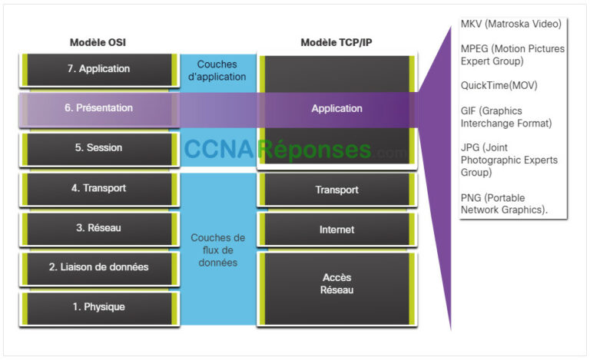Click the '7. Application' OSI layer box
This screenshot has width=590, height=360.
pos(98,69)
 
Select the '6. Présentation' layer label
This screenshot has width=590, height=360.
pos(98,108)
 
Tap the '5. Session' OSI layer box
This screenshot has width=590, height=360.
pos(98,148)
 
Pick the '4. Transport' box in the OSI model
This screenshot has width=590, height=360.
pos(98,189)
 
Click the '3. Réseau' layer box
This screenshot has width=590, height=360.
pos(98,228)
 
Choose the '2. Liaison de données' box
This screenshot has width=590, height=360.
pos(98,267)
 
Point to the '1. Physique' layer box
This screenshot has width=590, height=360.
pos(98,307)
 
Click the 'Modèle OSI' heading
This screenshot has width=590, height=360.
pos(97,42)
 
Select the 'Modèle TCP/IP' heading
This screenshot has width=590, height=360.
pos(336,42)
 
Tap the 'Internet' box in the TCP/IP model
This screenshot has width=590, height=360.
pos(336,230)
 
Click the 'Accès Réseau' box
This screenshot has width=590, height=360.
pos(336,283)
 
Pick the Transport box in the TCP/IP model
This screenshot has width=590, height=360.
pos(336,190)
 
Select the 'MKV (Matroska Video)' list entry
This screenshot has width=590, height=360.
pos(511,24)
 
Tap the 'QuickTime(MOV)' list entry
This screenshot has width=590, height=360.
pos(499,85)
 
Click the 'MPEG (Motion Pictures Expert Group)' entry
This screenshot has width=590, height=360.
pos(512,54)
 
